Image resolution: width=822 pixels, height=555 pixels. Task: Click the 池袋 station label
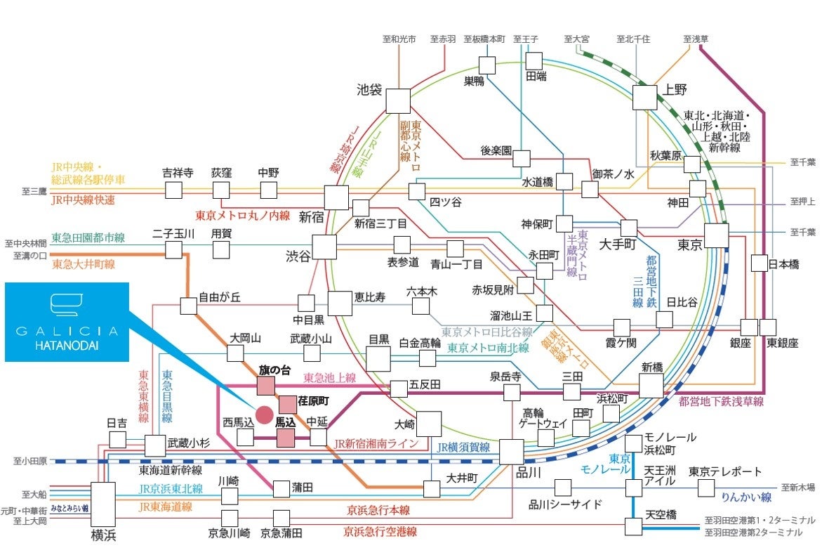pos(369,90)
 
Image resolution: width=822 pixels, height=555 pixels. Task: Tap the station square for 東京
pos(716,235)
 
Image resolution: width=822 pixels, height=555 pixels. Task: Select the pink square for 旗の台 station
pos(266,386)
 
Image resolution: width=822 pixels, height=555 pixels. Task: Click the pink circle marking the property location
pos(264,414)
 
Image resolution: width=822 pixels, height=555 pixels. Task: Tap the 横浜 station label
pos(103,535)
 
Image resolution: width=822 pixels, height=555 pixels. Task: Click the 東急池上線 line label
pos(329,378)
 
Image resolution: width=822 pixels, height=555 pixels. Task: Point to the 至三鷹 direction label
pos(32,191)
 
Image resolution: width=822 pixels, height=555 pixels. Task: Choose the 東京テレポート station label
pos(724,471)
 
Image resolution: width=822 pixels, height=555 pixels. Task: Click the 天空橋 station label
pos(661,515)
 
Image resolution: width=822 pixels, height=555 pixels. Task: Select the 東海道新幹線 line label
pos(171,471)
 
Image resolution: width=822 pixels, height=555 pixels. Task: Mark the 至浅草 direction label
pos(696,39)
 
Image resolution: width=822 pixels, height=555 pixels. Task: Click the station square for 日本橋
pos(760,263)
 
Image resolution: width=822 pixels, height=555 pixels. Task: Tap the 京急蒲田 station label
pos(281,533)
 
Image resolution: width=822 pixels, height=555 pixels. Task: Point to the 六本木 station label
pos(422,291)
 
